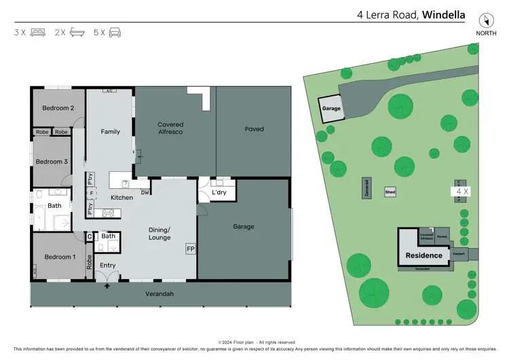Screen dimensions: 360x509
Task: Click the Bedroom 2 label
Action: [58, 108]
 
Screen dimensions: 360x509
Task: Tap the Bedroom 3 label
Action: [52, 162]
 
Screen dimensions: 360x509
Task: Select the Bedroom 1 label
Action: [59, 257]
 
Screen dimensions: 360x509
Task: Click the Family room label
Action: [110, 132]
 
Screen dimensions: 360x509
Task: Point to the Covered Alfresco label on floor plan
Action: [170, 129]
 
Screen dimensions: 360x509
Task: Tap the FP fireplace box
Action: [190, 249]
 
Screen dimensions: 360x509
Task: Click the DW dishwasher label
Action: [145, 193]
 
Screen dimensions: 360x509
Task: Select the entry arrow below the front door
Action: [107, 286]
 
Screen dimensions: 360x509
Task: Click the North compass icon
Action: [485, 21]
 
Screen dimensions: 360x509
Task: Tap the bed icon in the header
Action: [39, 32]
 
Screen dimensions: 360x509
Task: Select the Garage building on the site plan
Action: [331, 109]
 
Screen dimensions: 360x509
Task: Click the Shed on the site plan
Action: [390, 192]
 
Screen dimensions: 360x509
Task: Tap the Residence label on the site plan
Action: [423, 255]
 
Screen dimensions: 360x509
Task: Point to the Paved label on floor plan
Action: [254, 129]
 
